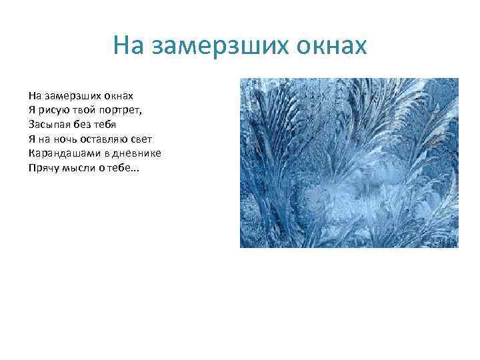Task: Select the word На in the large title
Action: pyautogui.click(x=129, y=46)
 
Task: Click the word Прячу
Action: pyautogui.click(x=43, y=168)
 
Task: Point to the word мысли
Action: pyautogui.click(x=78, y=168)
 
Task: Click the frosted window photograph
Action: pyautogui.click(x=349, y=163)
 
